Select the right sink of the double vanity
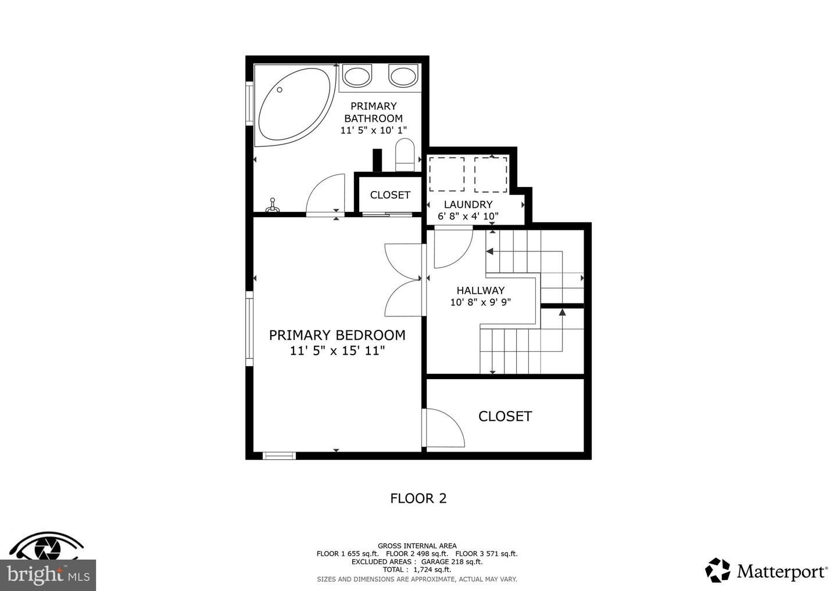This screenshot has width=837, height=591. pos(403,76)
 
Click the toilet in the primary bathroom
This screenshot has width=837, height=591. pos(404,154)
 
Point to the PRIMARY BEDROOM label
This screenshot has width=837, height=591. pos(337,335)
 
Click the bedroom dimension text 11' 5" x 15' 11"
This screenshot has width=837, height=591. pos(337,351)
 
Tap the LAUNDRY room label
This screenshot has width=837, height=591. pos(468,204)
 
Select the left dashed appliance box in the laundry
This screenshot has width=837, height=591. pos(446,174)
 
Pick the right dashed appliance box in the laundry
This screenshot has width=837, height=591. pos(491,174)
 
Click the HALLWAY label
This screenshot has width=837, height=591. pos(480,290)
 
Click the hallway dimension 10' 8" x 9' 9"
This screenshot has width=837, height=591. pos(480,302)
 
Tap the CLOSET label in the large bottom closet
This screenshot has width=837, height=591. pos(505,416)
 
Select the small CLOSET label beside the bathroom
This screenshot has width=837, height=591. pos(390,195)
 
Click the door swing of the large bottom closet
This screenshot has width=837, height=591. pos(445,427)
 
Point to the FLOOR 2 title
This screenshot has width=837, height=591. pos(418,498)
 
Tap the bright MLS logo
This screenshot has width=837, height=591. pos(48,575)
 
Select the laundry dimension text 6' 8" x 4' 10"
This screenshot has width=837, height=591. pos(468,217)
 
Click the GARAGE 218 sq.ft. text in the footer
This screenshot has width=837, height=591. pos(452,562)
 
